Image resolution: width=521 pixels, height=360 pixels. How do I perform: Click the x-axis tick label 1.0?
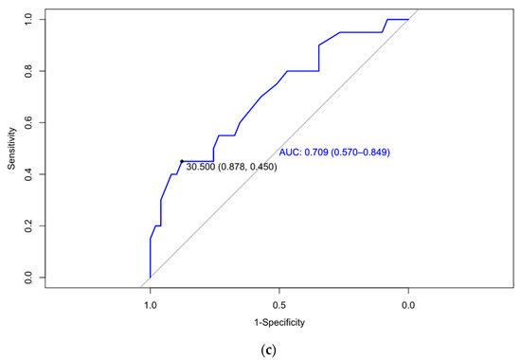click(150, 306)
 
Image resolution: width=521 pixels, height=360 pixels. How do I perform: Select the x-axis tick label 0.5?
click(278, 306)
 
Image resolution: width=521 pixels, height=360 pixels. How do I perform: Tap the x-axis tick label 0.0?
click(408, 306)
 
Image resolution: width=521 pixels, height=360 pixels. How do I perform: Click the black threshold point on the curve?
click(181, 161)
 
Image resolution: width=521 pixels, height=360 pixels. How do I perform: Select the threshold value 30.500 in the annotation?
click(202, 168)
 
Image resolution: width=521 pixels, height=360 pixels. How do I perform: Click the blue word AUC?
click(290, 153)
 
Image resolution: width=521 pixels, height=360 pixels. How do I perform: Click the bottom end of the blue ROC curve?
click(150, 277)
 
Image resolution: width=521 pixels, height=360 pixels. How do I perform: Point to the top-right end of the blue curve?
click(408, 19)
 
